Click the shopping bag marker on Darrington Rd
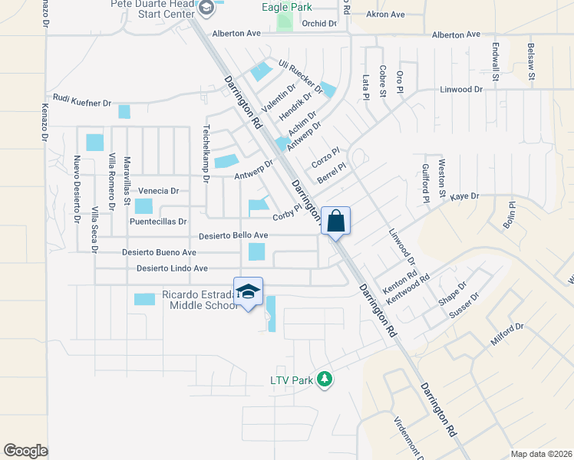(x=335, y=221)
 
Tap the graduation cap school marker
(x=248, y=291)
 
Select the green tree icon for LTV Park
(x=325, y=379)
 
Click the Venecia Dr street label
(x=158, y=191)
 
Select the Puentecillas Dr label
(x=158, y=222)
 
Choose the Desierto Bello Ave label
(x=233, y=236)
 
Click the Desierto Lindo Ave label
(x=173, y=268)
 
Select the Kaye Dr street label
(x=464, y=196)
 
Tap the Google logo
(x=26, y=450)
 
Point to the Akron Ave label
(x=385, y=15)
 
